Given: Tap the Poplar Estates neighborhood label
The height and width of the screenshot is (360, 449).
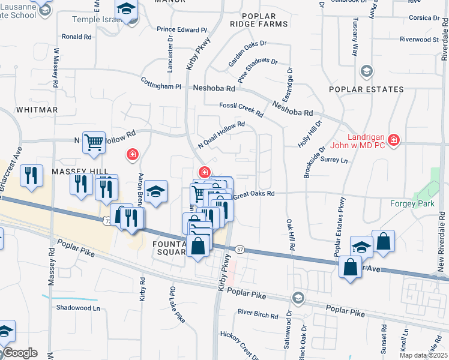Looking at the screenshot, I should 366,90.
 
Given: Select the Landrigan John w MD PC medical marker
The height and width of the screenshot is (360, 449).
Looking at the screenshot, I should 394,140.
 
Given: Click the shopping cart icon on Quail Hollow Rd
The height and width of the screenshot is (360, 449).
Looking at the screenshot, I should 94,143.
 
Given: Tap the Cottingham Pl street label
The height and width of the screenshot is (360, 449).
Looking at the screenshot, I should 161,86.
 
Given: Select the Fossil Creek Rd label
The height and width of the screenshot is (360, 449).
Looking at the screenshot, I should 241,110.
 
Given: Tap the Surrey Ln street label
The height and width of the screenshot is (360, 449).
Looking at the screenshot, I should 334,160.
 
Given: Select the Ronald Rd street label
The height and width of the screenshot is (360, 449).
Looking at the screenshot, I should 76,37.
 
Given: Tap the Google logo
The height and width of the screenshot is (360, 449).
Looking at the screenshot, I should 19,353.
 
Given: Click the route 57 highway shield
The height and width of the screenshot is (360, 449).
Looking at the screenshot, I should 240,248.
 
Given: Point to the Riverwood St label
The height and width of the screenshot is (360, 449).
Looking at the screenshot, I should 420,40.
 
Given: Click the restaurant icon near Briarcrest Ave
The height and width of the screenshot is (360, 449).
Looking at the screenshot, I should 31,175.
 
